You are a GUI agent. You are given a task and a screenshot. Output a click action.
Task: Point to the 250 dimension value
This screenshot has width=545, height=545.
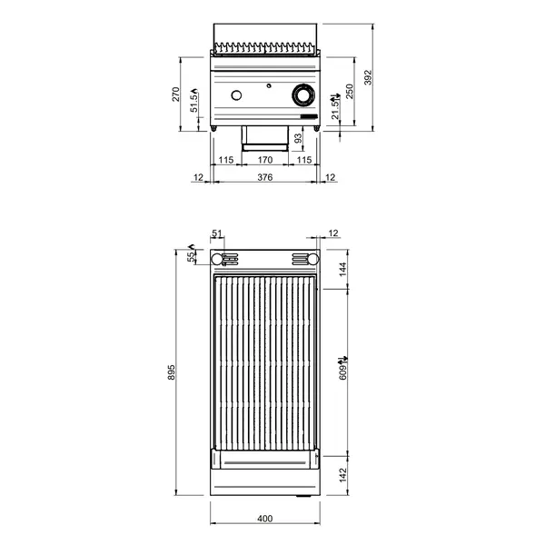click(350, 93)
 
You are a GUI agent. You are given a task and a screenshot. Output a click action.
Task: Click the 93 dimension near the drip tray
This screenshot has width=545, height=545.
click(297, 138)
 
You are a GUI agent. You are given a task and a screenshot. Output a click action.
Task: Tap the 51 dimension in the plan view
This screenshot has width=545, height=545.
click(216, 234)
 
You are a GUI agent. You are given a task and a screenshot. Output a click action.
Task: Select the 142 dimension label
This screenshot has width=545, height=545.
click(342, 473)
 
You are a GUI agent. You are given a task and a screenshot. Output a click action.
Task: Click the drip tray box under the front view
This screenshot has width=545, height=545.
click(264, 138)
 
